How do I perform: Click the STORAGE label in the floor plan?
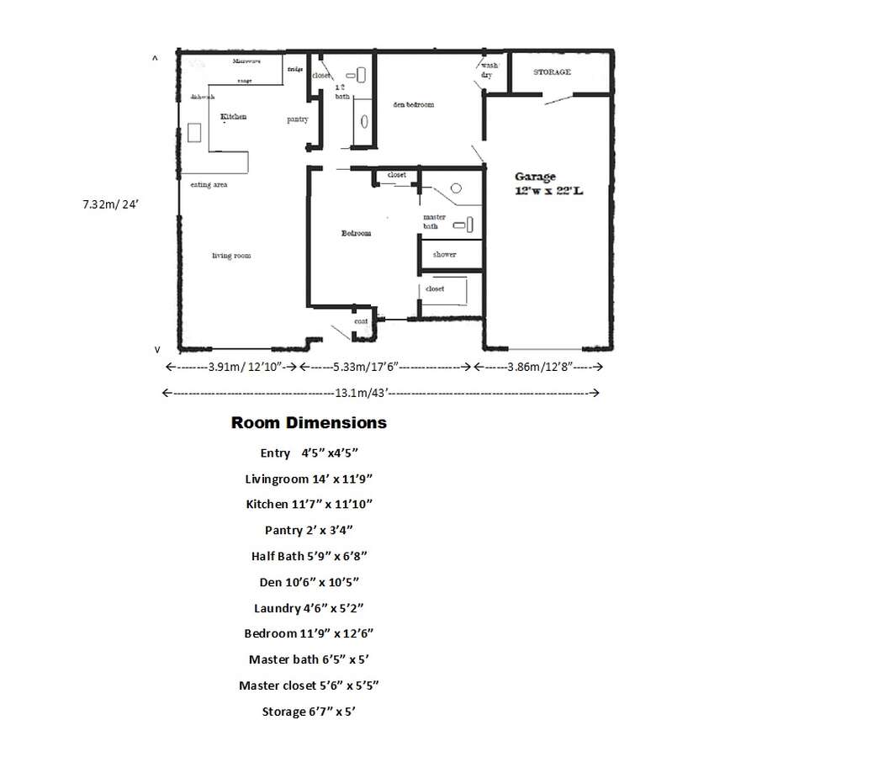point(552,72)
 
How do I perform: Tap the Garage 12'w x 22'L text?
point(548,184)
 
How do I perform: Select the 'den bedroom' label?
point(413,104)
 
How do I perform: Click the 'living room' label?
point(231,256)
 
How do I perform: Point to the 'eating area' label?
point(209,185)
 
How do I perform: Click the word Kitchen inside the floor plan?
point(234,117)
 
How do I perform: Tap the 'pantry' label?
point(298,119)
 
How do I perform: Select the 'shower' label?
point(444,254)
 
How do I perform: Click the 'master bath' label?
point(433,221)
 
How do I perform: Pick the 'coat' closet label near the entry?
point(360,321)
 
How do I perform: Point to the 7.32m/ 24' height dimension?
point(109,204)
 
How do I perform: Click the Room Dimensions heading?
point(309,422)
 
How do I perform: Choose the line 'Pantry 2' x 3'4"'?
point(309,530)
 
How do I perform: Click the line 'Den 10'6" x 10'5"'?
point(309,582)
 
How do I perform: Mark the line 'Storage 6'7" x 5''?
point(309,712)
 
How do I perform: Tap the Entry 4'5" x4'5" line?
point(309,453)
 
